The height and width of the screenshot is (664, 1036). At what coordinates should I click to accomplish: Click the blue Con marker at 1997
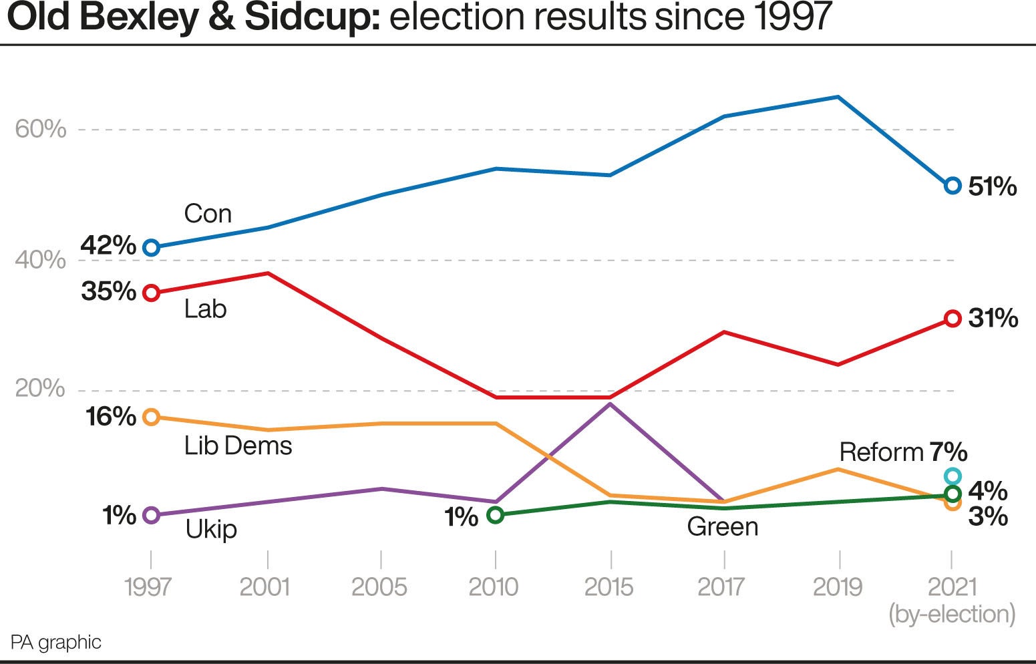[152, 248]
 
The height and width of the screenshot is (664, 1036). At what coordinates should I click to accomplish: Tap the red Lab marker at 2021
[953, 319]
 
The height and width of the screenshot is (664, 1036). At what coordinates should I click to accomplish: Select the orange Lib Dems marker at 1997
[152, 417]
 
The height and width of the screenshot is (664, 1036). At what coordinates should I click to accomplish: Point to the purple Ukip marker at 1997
[152, 515]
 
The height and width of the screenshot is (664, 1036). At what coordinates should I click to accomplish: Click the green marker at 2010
[495, 515]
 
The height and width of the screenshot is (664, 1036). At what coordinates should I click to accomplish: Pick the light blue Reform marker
[953, 476]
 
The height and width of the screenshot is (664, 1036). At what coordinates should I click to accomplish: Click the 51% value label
[993, 187]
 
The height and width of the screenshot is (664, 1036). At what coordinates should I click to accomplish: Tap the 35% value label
[108, 292]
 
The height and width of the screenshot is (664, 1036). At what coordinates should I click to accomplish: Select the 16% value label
[110, 417]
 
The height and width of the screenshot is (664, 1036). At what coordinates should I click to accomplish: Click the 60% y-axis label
[41, 129]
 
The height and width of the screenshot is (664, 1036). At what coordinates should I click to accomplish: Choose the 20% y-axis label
[40, 388]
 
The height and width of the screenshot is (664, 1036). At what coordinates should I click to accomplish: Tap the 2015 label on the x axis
[609, 587]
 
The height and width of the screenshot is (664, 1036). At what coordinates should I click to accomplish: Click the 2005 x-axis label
[379, 587]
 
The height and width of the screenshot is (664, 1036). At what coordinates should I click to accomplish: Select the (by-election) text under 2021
[952, 614]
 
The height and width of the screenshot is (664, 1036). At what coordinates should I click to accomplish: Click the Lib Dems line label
[238, 446]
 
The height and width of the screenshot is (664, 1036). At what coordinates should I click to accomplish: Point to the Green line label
[723, 527]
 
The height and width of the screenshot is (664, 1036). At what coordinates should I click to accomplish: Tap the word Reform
[881, 452]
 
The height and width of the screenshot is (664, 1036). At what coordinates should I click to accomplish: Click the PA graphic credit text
[56, 643]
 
